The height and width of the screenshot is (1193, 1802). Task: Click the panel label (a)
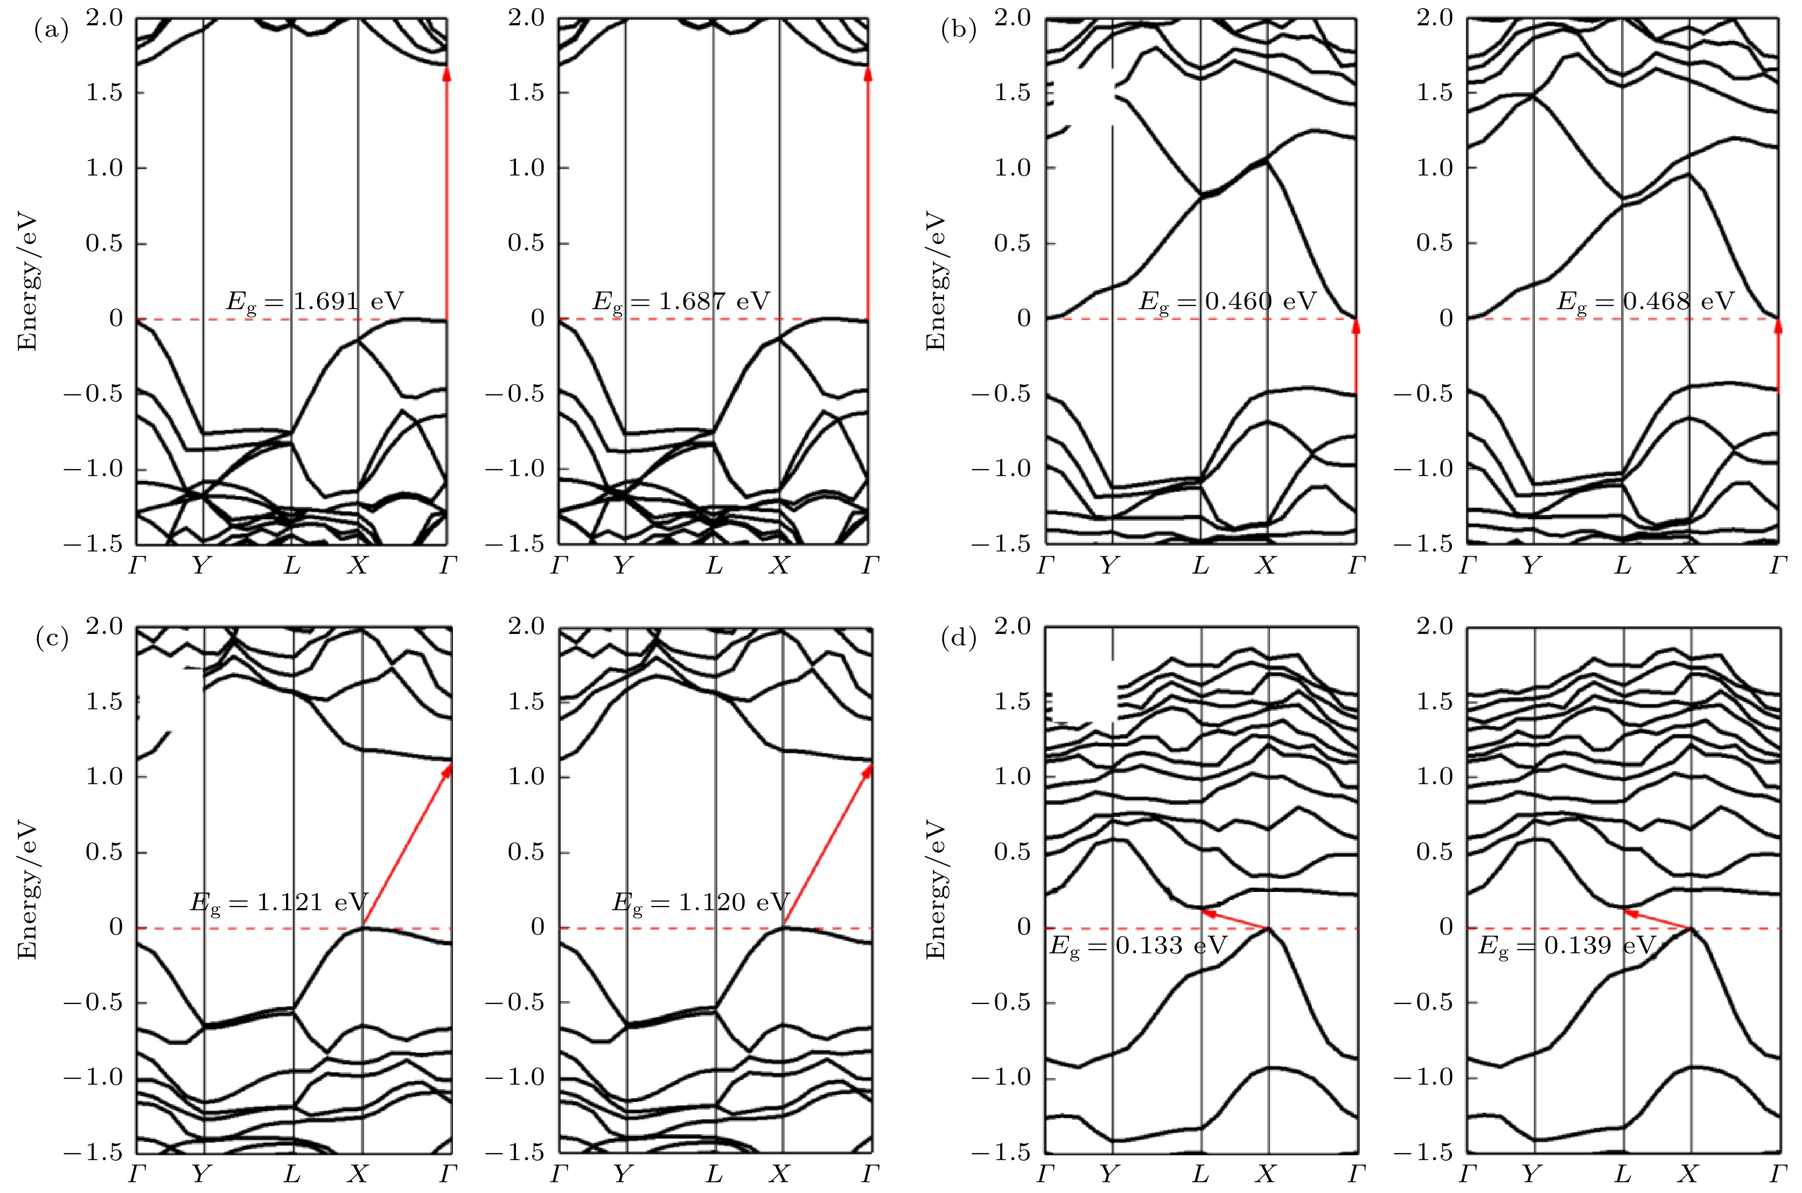(x=52, y=31)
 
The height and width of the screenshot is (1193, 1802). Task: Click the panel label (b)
(x=959, y=31)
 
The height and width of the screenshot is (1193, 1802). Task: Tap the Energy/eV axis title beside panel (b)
(x=935, y=282)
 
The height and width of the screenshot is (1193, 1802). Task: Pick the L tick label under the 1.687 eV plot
(x=714, y=566)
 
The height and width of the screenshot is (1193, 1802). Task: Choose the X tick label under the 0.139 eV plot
(x=1689, y=1174)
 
